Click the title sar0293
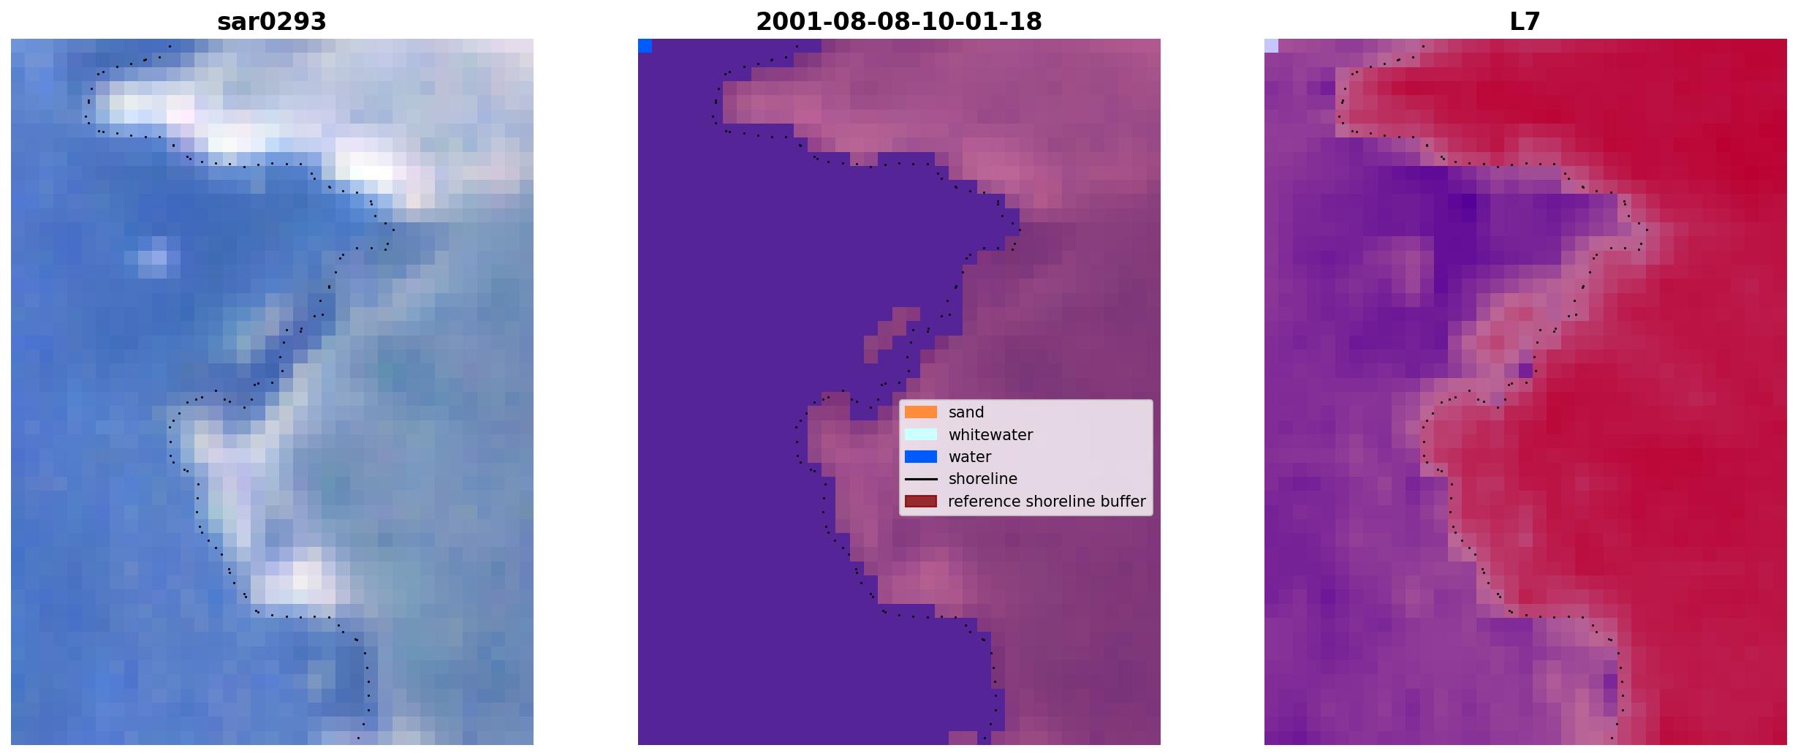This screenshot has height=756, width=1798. [272, 22]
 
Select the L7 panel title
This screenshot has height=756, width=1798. [1525, 22]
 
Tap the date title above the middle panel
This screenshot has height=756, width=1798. [899, 22]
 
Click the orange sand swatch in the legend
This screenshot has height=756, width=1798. [921, 412]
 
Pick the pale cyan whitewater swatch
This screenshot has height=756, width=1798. [921, 434]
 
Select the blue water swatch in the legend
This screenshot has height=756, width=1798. [921, 457]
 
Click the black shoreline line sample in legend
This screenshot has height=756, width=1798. [921, 479]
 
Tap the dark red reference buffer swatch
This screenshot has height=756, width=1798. [921, 502]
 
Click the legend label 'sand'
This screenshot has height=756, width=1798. [966, 412]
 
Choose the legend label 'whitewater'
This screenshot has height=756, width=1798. [990, 434]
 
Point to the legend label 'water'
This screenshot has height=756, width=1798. [970, 457]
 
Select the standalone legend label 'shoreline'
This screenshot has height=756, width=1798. [983, 479]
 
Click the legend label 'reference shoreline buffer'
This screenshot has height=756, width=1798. [1047, 502]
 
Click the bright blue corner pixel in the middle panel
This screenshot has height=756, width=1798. [645, 46]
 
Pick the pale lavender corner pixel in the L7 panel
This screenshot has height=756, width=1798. [1271, 46]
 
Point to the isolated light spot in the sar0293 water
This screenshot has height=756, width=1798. [153, 257]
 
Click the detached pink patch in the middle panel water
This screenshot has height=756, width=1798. [892, 334]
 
